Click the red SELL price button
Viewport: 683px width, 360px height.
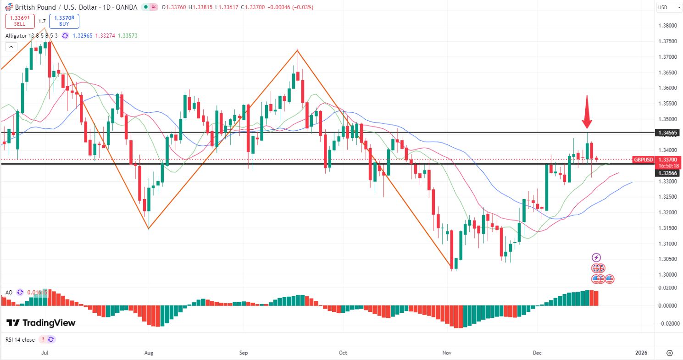(x=20, y=21)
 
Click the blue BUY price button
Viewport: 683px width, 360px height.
(x=64, y=21)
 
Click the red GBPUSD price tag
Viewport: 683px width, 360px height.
(x=643, y=160)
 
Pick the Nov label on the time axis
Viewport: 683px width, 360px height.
(x=447, y=353)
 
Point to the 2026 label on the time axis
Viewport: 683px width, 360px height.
(x=641, y=353)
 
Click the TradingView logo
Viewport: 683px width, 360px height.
(x=41, y=323)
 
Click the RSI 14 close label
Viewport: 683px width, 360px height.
(x=20, y=339)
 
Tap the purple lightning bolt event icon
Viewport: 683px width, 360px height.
(x=596, y=257)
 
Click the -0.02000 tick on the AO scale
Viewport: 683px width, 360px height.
(x=668, y=323)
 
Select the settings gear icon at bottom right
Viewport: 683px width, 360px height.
(x=669, y=353)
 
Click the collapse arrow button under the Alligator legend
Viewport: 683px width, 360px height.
(x=11, y=47)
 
